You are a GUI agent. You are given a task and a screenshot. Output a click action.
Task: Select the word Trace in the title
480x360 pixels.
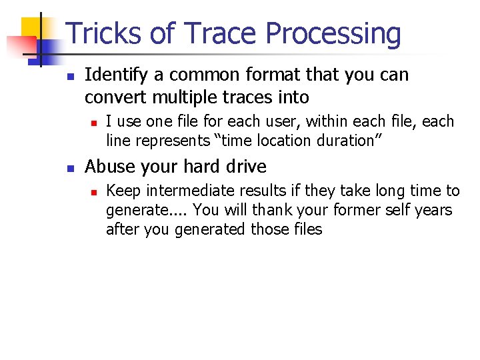[221, 34]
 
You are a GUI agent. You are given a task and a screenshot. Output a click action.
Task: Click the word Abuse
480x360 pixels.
[107, 166]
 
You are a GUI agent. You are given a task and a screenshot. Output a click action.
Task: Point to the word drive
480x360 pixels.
[247, 166]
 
